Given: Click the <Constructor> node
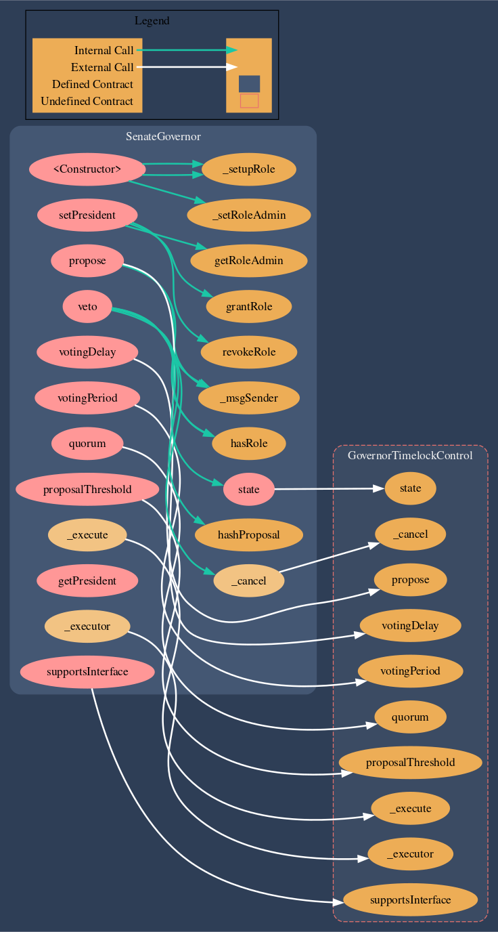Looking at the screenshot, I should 87,169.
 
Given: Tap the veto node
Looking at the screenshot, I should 87,307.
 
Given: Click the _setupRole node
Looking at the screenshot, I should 248,169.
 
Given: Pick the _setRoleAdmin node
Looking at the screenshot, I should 248,215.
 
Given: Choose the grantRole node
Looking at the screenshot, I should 248,307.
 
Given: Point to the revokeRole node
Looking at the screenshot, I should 248,352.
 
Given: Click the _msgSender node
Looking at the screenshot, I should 248,398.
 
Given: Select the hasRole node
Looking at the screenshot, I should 248,444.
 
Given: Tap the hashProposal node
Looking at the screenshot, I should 248,535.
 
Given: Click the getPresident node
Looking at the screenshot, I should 87,580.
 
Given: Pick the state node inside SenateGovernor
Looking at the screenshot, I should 248,490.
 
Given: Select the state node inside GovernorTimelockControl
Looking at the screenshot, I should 410,488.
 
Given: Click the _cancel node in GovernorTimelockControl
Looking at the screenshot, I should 410,534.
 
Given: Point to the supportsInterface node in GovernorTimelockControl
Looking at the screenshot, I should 410,899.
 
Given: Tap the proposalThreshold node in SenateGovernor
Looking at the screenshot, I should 87,490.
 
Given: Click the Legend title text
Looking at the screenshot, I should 152,21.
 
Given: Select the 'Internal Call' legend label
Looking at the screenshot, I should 104,51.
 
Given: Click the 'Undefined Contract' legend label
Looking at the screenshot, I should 87,102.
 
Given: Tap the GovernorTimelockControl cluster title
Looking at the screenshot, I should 410,456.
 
